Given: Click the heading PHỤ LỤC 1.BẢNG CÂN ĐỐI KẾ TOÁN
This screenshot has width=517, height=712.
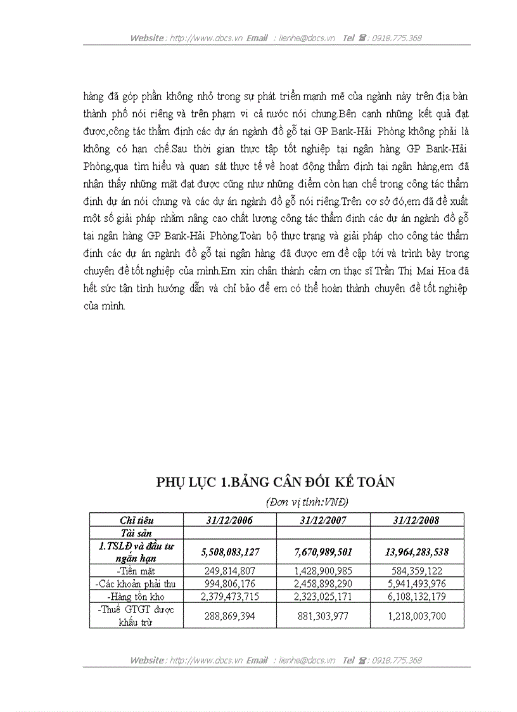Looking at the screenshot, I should click(276, 482).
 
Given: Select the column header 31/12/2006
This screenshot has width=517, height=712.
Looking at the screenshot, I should click(229, 520).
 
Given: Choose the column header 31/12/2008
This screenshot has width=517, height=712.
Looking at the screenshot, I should click(416, 520).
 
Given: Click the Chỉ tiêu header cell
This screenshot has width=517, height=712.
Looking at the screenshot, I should click(136, 520).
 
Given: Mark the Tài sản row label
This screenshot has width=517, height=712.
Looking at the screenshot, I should click(136, 533).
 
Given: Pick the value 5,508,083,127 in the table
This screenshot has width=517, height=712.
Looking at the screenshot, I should click(229, 552).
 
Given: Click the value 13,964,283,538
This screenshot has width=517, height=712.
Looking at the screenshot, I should click(416, 552).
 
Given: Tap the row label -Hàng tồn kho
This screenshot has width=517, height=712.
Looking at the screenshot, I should click(136, 596).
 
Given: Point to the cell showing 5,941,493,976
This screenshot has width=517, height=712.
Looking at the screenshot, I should click(416, 583).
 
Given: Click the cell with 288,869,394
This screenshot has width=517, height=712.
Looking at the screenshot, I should click(229, 614).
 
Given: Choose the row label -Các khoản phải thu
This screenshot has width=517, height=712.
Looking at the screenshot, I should click(136, 583).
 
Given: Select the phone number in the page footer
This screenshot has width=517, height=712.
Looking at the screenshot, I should click(397, 660).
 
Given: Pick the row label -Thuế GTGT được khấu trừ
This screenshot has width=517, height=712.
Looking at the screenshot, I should click(136, 614).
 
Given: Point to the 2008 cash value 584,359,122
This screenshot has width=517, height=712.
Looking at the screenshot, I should click(416, 570).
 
